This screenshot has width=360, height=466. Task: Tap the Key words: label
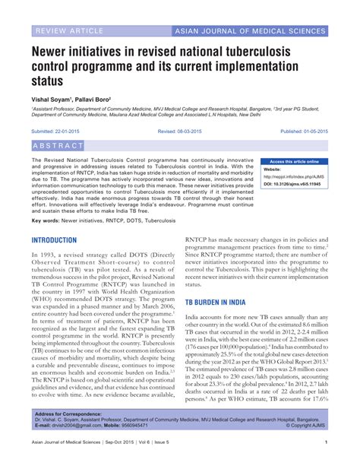pos(46,220)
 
